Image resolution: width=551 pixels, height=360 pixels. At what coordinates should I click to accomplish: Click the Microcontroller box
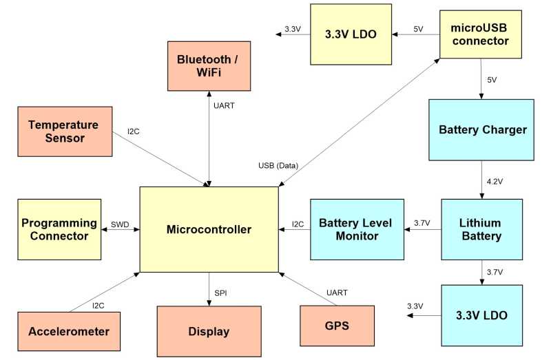click(209, 229)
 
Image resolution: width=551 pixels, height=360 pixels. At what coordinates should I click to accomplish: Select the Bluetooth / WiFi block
click(208, 65)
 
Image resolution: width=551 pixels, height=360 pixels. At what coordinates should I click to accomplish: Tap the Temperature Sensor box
click(66, 131)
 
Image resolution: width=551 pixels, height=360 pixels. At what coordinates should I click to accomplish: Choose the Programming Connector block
click(59, 229)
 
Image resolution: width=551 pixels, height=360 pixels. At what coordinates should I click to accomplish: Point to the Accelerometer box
click(69, 331)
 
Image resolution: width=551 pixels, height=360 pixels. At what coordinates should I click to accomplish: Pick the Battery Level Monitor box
click(356, 229)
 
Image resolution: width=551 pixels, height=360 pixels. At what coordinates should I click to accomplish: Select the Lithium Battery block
click(480, 230)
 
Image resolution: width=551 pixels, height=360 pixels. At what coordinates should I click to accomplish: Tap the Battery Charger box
click(482, 129)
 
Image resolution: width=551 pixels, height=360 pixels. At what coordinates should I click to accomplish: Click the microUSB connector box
click(480, 34)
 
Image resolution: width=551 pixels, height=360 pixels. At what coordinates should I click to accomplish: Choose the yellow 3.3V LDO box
click(351, 33)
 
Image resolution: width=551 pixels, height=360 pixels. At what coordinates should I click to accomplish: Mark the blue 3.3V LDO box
click(481, 316)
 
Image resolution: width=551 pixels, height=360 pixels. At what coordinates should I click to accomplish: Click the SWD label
click(119, 224)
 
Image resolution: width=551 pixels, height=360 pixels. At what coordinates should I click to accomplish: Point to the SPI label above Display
click(220, 293)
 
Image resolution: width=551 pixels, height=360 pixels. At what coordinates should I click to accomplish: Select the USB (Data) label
click(278, 165)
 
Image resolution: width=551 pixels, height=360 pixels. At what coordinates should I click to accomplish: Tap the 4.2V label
click(495, 182)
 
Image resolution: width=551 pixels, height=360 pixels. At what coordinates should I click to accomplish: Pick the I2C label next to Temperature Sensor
click(134, 131)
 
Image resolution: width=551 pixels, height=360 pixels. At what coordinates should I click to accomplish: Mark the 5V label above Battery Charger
click(492, 80)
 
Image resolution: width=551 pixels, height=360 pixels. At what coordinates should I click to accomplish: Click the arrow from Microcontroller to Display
click(209, 289)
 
